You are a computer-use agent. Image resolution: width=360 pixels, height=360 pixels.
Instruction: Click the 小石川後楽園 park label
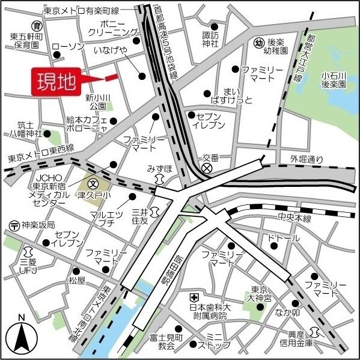coord(334,80)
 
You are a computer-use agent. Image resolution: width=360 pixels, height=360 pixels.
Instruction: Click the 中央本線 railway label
coord(294,218)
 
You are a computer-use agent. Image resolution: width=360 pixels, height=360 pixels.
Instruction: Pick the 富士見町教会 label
coord(162,341)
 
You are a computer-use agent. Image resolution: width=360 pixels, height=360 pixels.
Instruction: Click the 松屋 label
coord(77,280)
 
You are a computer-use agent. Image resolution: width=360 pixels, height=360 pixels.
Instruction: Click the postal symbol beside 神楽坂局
coord(13,225)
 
